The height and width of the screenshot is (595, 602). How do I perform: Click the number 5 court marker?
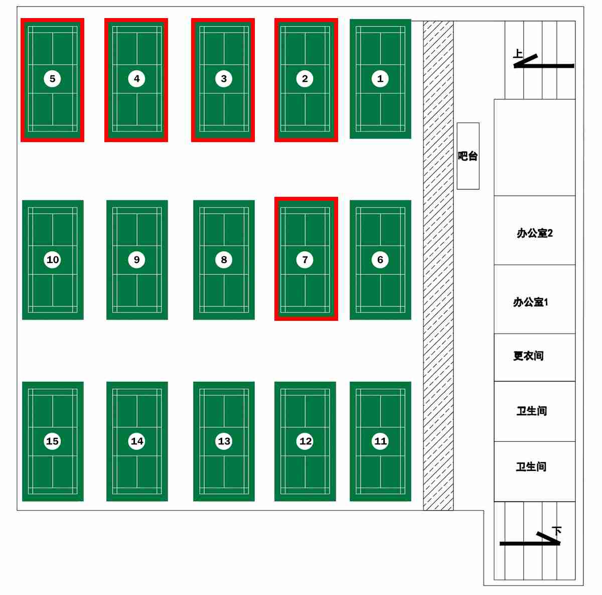52,79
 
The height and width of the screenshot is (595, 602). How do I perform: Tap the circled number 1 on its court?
380,79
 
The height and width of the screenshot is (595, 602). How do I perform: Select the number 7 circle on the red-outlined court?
305,260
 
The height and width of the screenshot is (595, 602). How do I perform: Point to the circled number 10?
52,260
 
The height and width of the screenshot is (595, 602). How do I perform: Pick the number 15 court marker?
52,441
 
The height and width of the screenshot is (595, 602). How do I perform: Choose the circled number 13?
224,441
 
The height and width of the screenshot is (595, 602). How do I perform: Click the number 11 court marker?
380,441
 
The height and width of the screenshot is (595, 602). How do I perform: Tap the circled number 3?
224,79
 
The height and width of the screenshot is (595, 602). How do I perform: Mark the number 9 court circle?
136,260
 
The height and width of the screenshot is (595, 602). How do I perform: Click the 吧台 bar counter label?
468,156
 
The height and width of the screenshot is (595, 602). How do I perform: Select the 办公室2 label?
534,233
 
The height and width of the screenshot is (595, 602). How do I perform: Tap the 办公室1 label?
530,302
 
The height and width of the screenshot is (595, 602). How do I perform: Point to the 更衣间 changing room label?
528,356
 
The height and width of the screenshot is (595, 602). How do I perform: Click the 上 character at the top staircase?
518,54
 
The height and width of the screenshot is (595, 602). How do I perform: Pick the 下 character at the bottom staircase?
556,531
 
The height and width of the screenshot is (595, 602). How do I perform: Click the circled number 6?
380,260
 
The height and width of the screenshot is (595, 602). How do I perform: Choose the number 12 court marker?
305,441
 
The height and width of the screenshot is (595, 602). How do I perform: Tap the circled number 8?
224,260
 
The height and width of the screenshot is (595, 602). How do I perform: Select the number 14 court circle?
136,441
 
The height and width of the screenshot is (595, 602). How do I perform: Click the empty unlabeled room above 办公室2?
534,147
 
